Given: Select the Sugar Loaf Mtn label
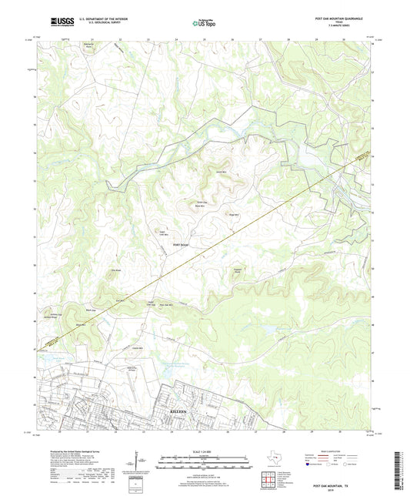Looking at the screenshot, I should (x=162, y=231).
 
